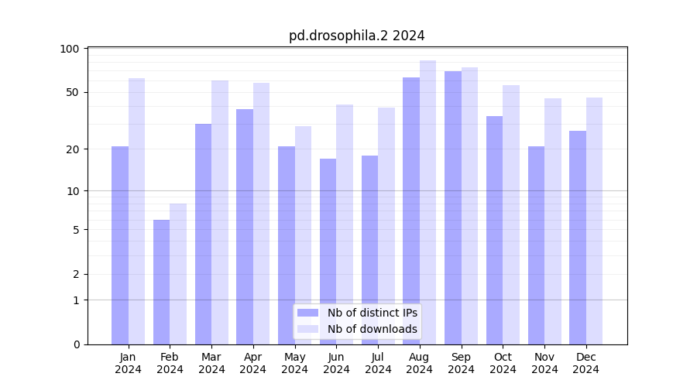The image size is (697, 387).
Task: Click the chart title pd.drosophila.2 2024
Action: tap(356, 36)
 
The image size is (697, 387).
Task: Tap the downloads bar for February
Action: tap(178, 274)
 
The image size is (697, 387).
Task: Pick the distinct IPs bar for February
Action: tap(161, 282)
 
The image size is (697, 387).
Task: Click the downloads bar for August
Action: tap(427, 202)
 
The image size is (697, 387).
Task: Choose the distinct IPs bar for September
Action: tap(453, 207)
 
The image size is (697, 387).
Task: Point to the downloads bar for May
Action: tap(303, 235)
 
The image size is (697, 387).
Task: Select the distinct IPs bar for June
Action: tap(328, 252)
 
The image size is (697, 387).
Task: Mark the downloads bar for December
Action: tap(594, 221)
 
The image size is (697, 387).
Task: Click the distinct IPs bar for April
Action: tap(245, 227)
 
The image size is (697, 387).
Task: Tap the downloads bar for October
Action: tap(511, 214)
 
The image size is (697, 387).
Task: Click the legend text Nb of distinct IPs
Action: tap(373, 313)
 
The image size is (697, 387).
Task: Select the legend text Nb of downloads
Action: tap(373, 329)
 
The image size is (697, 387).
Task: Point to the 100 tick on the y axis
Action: tap(70, 49)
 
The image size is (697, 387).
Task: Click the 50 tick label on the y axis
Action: tap(73, 92)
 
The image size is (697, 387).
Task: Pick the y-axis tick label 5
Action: tap(76, 229)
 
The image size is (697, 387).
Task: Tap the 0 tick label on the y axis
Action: tap(76, 344)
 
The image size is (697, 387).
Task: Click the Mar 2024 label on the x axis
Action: tap(211, 363)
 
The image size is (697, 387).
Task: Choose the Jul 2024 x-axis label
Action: tap(378, 363)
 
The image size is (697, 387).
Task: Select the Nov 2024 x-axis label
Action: tap(544, 363)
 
